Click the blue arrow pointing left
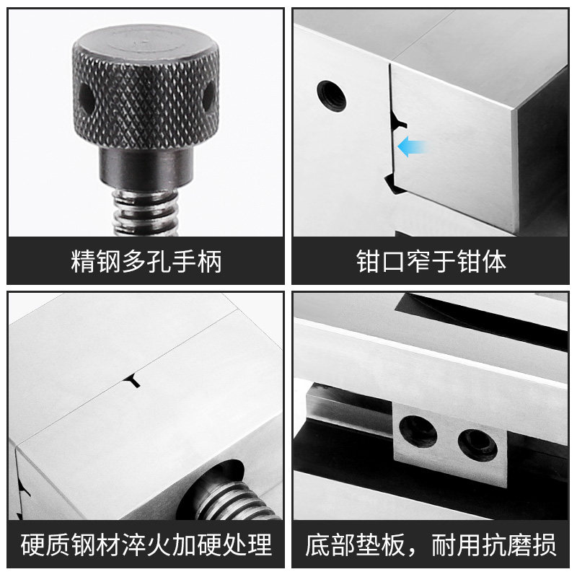point(412,146)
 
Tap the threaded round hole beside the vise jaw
point(332,96)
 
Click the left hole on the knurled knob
point(86,97)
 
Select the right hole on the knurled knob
point(208,97)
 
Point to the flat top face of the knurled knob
point(146,43)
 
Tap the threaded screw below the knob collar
point(146,211)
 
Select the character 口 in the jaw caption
point(393,262)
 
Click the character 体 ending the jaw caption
point(494,262)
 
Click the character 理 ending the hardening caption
point(260,545)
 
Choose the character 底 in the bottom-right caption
point(317,545)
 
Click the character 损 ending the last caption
point(544,545)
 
